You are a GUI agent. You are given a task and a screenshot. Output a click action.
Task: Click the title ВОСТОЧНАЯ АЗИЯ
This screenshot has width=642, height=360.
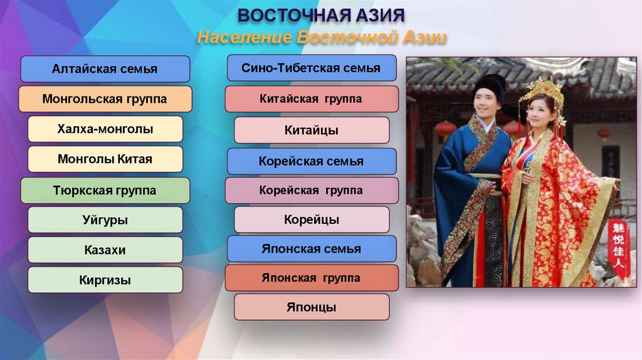[x=321, y=15]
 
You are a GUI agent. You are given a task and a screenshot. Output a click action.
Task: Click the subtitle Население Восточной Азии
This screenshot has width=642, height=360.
[x=321, y=38]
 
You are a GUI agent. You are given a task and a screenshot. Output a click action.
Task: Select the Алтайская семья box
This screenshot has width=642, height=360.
[x=105, y=69]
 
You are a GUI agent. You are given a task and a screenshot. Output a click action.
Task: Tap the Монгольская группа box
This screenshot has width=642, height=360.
[x=105, y=99]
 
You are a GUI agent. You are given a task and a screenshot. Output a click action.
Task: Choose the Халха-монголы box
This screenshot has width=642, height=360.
[x=105, y=129]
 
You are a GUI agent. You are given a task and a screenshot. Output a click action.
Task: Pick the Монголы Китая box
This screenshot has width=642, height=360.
[x=105, y=159]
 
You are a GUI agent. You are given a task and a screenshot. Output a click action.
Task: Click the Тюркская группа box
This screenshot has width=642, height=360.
[x=105, y=190]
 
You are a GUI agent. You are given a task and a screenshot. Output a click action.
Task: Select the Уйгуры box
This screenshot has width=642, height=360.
[x=105, y=220]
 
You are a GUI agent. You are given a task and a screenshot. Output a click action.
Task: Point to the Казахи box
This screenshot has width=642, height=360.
[x=105, y=250]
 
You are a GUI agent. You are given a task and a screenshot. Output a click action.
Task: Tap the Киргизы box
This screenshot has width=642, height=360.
[x=105, y=280]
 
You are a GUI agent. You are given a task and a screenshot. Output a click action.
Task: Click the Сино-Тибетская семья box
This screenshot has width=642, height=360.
[x=311, y=68]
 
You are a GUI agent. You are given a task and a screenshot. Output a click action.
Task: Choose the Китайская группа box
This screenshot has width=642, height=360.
[x=311, y=99]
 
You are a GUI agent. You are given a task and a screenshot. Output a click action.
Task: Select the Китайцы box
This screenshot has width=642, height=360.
[x=311, y=130]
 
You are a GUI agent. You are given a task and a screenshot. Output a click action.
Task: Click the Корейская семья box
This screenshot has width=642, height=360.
[x=311, y=161]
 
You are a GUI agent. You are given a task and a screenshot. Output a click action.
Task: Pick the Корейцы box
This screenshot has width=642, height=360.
[x=311, y=220]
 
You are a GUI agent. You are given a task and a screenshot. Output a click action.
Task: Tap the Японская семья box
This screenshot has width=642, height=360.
[x=311, y=249]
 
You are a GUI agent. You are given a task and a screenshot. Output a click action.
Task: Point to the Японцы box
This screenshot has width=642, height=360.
[x=311, y=307]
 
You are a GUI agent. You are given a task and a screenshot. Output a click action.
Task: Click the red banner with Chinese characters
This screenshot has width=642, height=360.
[x=619, y=248]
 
